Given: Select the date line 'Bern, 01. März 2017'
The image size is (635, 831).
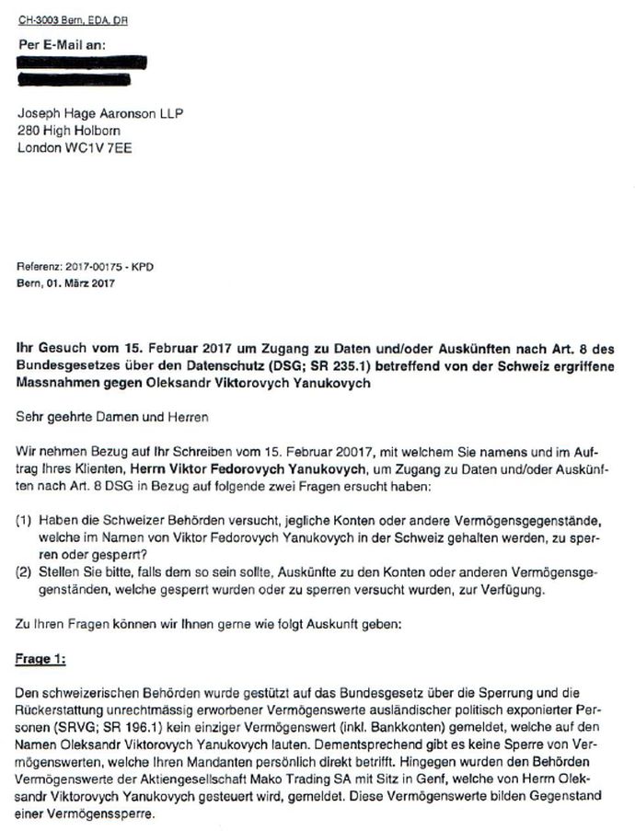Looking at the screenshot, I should tap(64, 283).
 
